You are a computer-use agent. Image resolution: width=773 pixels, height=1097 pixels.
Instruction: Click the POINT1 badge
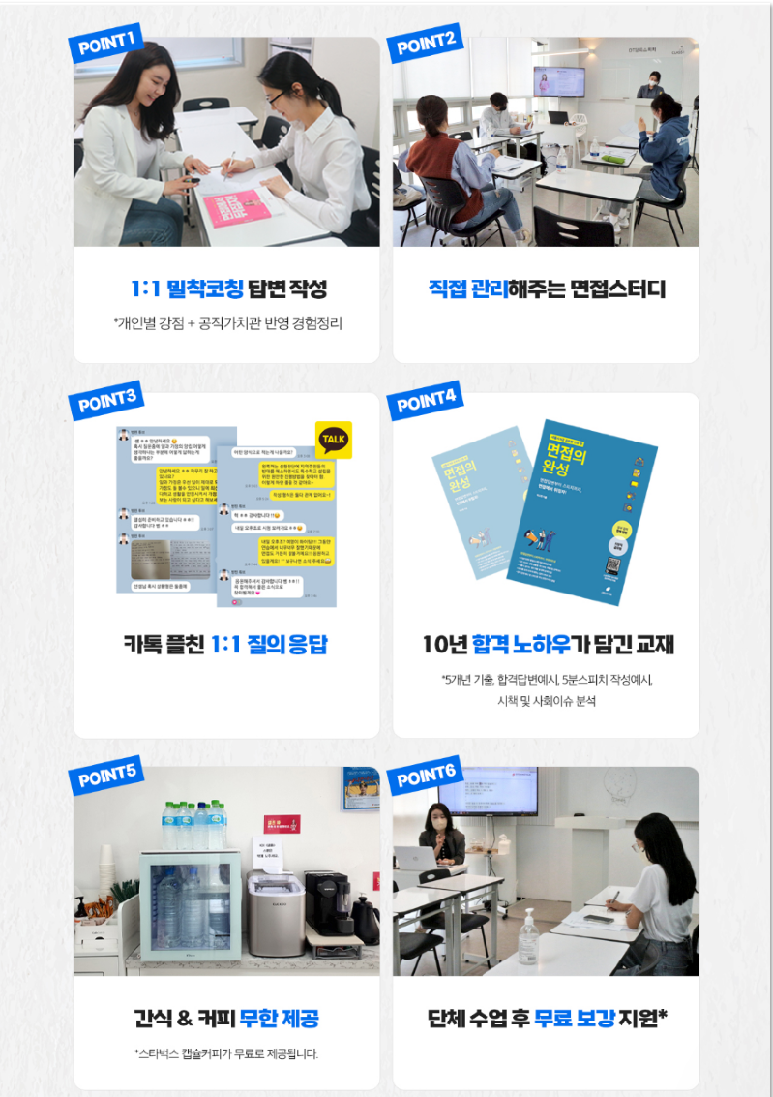pos(105,46)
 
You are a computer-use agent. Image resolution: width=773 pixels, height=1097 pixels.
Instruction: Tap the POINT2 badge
pos(425,44)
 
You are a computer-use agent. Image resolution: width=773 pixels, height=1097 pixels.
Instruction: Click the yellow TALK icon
pos(333,440)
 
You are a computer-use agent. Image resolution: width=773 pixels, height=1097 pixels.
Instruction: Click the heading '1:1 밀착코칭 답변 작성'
pos(228,289)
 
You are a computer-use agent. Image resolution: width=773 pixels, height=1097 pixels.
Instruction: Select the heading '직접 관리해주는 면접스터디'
pos(547,289)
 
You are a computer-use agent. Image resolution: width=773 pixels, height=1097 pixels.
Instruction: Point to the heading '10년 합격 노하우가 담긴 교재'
pos(548,644)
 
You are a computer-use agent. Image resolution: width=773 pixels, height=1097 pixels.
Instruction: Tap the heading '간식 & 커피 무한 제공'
pos(226,1019)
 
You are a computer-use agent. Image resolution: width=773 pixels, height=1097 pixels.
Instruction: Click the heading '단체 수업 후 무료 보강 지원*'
pos(548,1019)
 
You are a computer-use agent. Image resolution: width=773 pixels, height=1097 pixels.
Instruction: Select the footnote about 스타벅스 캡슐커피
pos(226,1053)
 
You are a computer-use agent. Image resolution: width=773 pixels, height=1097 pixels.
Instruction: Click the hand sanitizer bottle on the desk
pos(528,935)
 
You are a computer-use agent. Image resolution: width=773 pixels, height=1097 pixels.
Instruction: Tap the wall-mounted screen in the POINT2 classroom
pos(558,81)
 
